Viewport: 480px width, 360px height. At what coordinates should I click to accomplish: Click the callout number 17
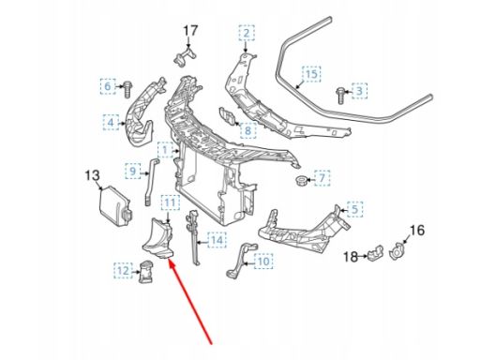[x=190, y=31]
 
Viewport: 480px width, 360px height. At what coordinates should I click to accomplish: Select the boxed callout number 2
[x=247, y=33]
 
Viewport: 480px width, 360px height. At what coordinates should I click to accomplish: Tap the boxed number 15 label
[x=311, y=74]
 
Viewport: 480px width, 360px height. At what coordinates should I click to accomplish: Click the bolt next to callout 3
[x=340, y=96]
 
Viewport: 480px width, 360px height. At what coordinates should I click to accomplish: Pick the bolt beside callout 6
[x=127, y=89]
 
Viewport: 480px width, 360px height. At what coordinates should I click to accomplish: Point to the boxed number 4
[x=111, y=122]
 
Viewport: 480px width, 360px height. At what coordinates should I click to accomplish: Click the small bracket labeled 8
[x=228, y=116]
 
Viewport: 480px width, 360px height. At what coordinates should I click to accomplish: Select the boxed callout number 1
[x=165, y=150]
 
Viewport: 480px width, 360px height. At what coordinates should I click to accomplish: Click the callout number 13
[x=92, y=175]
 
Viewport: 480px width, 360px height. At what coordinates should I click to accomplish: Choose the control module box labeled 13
[x=114, y=207]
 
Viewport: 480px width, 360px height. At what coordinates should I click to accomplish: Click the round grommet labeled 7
[x=301, y=181]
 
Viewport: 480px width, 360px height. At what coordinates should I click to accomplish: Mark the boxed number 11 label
[x=171, y=203]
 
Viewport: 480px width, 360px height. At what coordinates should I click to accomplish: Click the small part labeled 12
[x=145, y=273]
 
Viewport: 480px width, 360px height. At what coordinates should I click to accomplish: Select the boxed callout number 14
[x=217, y=240]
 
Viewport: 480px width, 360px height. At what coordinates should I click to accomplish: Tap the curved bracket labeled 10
[x=241, y=260]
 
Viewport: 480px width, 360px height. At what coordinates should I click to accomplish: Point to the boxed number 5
[x=354, y=209]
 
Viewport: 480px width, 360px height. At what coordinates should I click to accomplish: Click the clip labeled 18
[x=375, y=253]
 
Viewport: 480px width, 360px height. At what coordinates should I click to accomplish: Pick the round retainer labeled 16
[x=397, y=251]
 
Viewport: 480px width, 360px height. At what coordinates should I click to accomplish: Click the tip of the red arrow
[x=169, y=261]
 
